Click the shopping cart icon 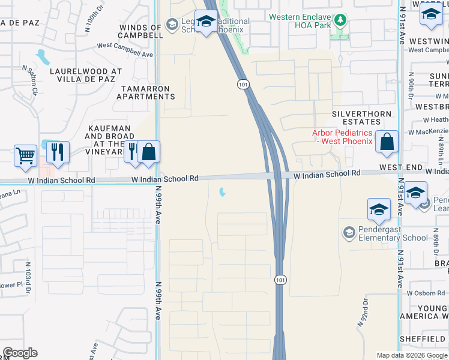25,155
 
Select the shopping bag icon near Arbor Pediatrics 388,143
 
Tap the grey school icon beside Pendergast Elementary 349,232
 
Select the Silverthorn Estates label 363,118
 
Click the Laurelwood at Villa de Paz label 86,75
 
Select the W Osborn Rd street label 427,293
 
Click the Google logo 20,352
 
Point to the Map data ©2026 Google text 411,355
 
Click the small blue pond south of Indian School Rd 223,193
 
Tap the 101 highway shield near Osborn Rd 280,280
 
